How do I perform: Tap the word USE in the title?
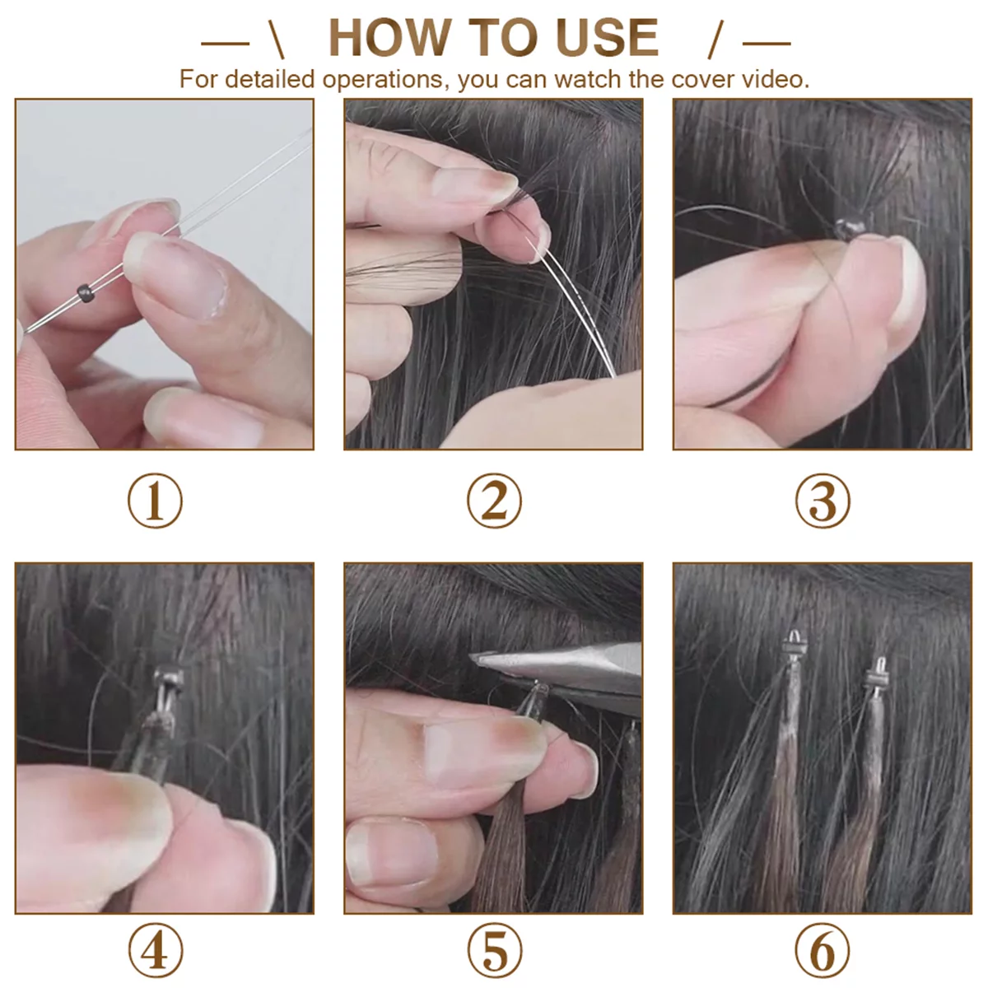point(607,38)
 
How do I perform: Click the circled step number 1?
point(155,501)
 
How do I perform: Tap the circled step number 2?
point(494,501)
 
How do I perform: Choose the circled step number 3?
point(823,501)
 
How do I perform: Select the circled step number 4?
point(155,951)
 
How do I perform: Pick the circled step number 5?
point(494,951)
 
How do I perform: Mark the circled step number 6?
point(823,951)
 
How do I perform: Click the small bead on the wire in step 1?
point(83,291)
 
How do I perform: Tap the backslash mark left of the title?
point(276,39)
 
